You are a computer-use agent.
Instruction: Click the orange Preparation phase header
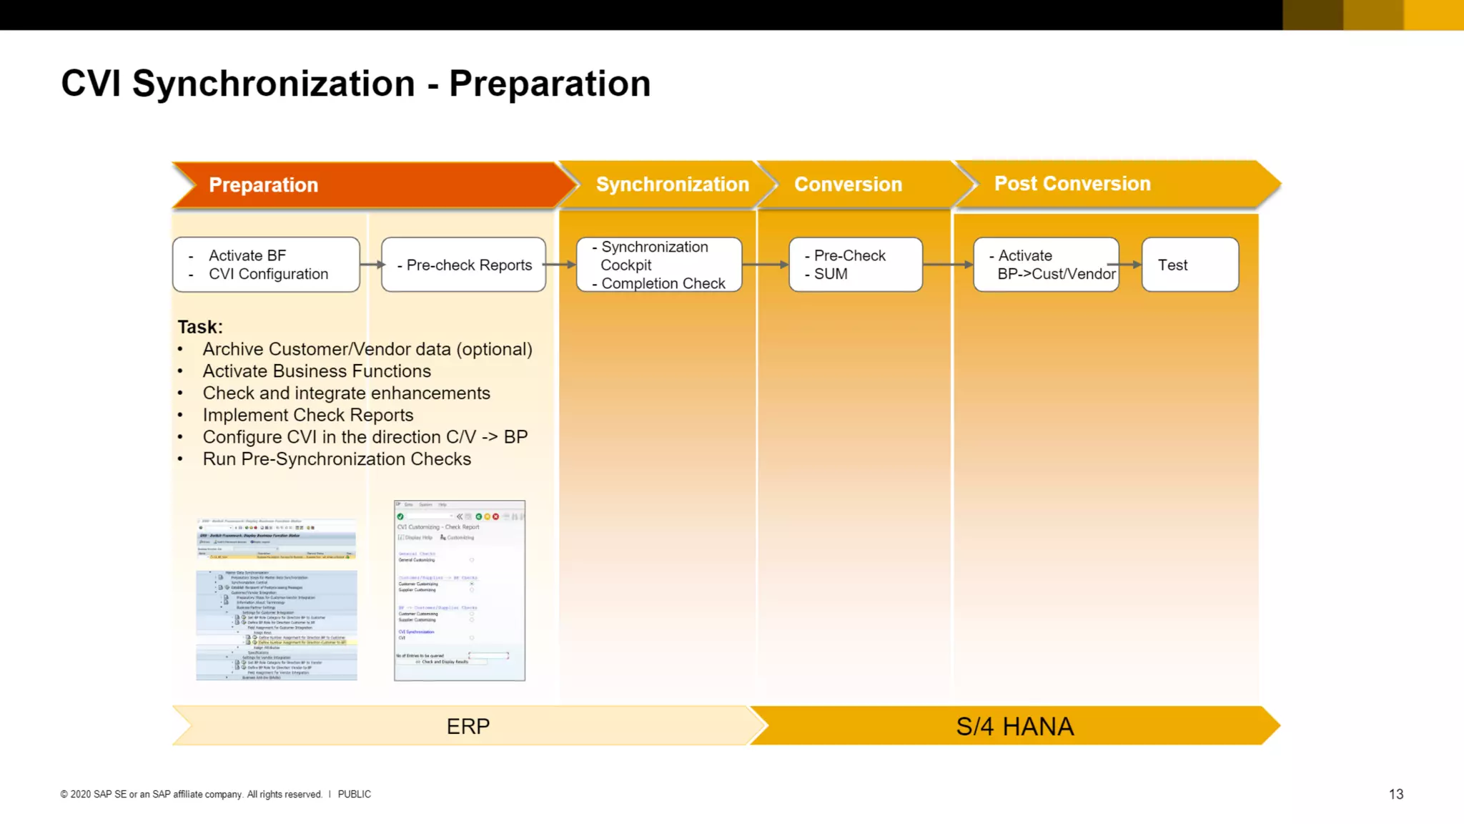263,185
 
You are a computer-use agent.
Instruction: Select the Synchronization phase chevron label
672,185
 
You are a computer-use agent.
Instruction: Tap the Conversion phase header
848,185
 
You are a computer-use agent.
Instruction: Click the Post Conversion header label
1072,184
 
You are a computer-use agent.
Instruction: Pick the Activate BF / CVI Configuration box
266,265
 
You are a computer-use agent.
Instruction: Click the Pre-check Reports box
464,265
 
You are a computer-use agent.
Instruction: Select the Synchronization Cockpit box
658,265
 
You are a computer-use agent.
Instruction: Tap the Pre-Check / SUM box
855,265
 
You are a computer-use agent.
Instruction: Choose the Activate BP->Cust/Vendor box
1046,265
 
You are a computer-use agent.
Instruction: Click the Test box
1189,265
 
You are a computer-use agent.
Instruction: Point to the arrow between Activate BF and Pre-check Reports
371,265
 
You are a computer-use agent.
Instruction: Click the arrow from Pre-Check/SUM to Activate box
948,265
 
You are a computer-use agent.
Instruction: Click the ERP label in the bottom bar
468,727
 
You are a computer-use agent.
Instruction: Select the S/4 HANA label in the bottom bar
1014,727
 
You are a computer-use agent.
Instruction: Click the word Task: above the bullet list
200,327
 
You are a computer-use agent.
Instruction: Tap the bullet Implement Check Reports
307,416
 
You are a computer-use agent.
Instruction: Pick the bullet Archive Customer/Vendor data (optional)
367,350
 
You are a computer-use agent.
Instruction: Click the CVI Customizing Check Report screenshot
460,591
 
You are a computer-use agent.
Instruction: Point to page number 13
1395,795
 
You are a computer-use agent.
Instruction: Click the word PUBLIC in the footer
354,795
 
